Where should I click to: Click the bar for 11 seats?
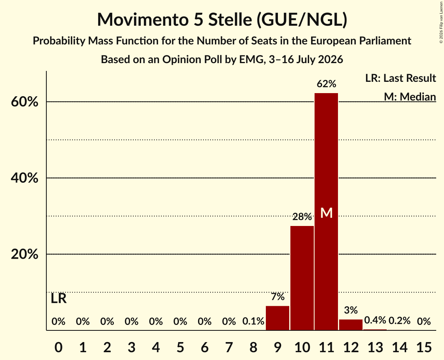[x=326, y=212]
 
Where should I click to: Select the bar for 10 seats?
[x=302, y=278]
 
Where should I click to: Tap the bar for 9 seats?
[x=278, y=318]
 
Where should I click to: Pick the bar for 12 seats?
[x=350, y=325]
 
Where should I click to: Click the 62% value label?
[x=326, y=84]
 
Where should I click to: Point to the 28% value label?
[x=302, y=217]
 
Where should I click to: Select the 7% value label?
[x=278, y=296]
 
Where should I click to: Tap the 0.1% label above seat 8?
[x=253, y=321]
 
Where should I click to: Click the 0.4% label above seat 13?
[x=375, y=320]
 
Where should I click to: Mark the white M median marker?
[x=326, y=213]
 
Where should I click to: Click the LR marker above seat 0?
[x=58, y=298]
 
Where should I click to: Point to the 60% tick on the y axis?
[x=24, y=102]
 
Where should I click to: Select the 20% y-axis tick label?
[x=24, y=254]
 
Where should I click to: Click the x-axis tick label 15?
[x=424, y=347]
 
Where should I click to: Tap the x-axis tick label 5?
[x=180, y=347]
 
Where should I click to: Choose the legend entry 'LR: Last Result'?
[x=400, y=78]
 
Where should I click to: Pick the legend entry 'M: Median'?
[x=410, y=97]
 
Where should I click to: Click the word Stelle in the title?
[x=230, y=19]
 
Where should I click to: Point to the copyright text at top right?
[x=441, y=22]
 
